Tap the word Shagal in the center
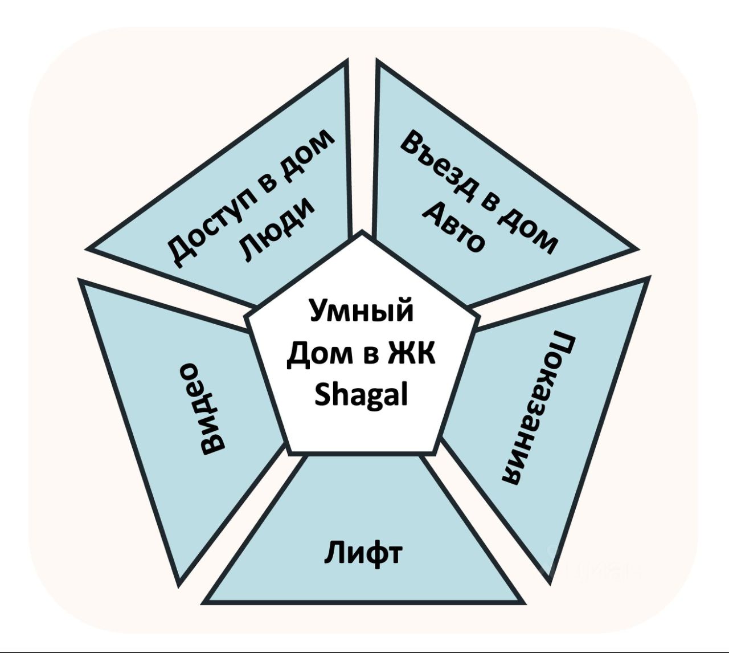361,395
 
